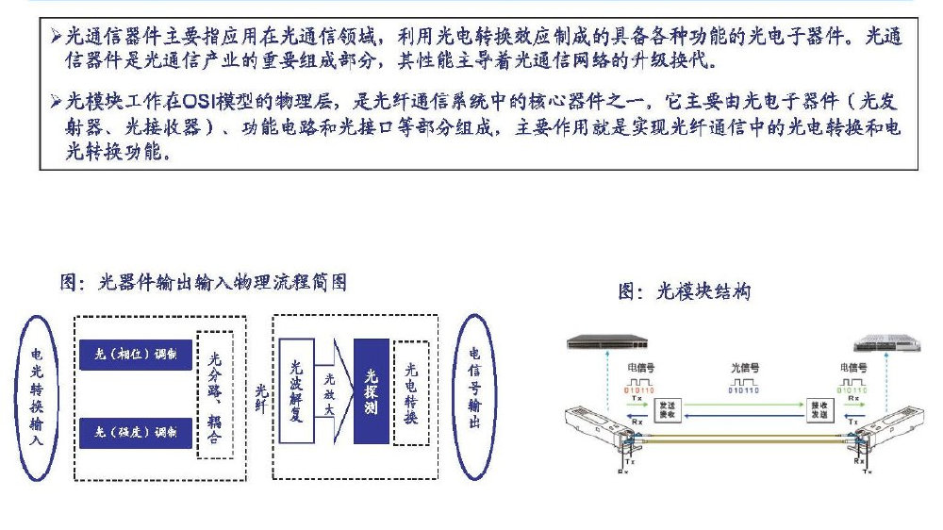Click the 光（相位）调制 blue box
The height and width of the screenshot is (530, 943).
pyautogui.click(x=137, y=355)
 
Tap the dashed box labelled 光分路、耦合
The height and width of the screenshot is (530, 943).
pyautogui.click(x=214, y=395)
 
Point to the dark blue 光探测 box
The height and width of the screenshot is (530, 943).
pyautogui.click(x=371, y=391)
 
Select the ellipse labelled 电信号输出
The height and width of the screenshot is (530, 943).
pyautogui.click(x=475, y=394)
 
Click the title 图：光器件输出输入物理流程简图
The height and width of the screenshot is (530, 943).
pyautogui.click(x=204, y=282)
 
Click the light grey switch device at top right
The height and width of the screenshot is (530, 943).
pyautogui.click(x=881, y=343)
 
